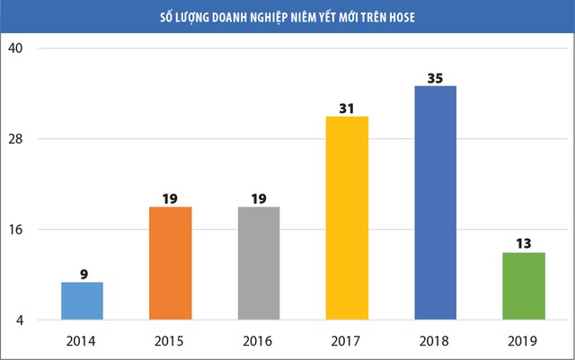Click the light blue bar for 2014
point(82,301)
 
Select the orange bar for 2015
point(170,263)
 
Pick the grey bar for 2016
point(258,263)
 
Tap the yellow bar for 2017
point(347,217)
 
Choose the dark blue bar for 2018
point(435,202)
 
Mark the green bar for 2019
point(523,285)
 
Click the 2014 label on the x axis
point(82,340)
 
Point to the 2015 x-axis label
point(170,340)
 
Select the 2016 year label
point(258,340)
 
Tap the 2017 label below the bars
point(347,340)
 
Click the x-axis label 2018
point(435,340)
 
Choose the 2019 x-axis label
point(523,340)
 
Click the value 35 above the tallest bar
point(435,78)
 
